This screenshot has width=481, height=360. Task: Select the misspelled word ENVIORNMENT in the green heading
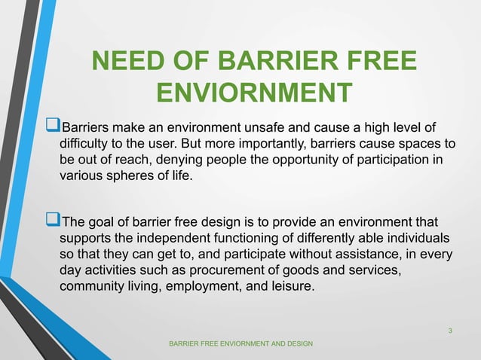click(x=253, y=93)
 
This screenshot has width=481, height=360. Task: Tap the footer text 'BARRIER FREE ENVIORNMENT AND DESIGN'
click(x=240, y=343)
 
